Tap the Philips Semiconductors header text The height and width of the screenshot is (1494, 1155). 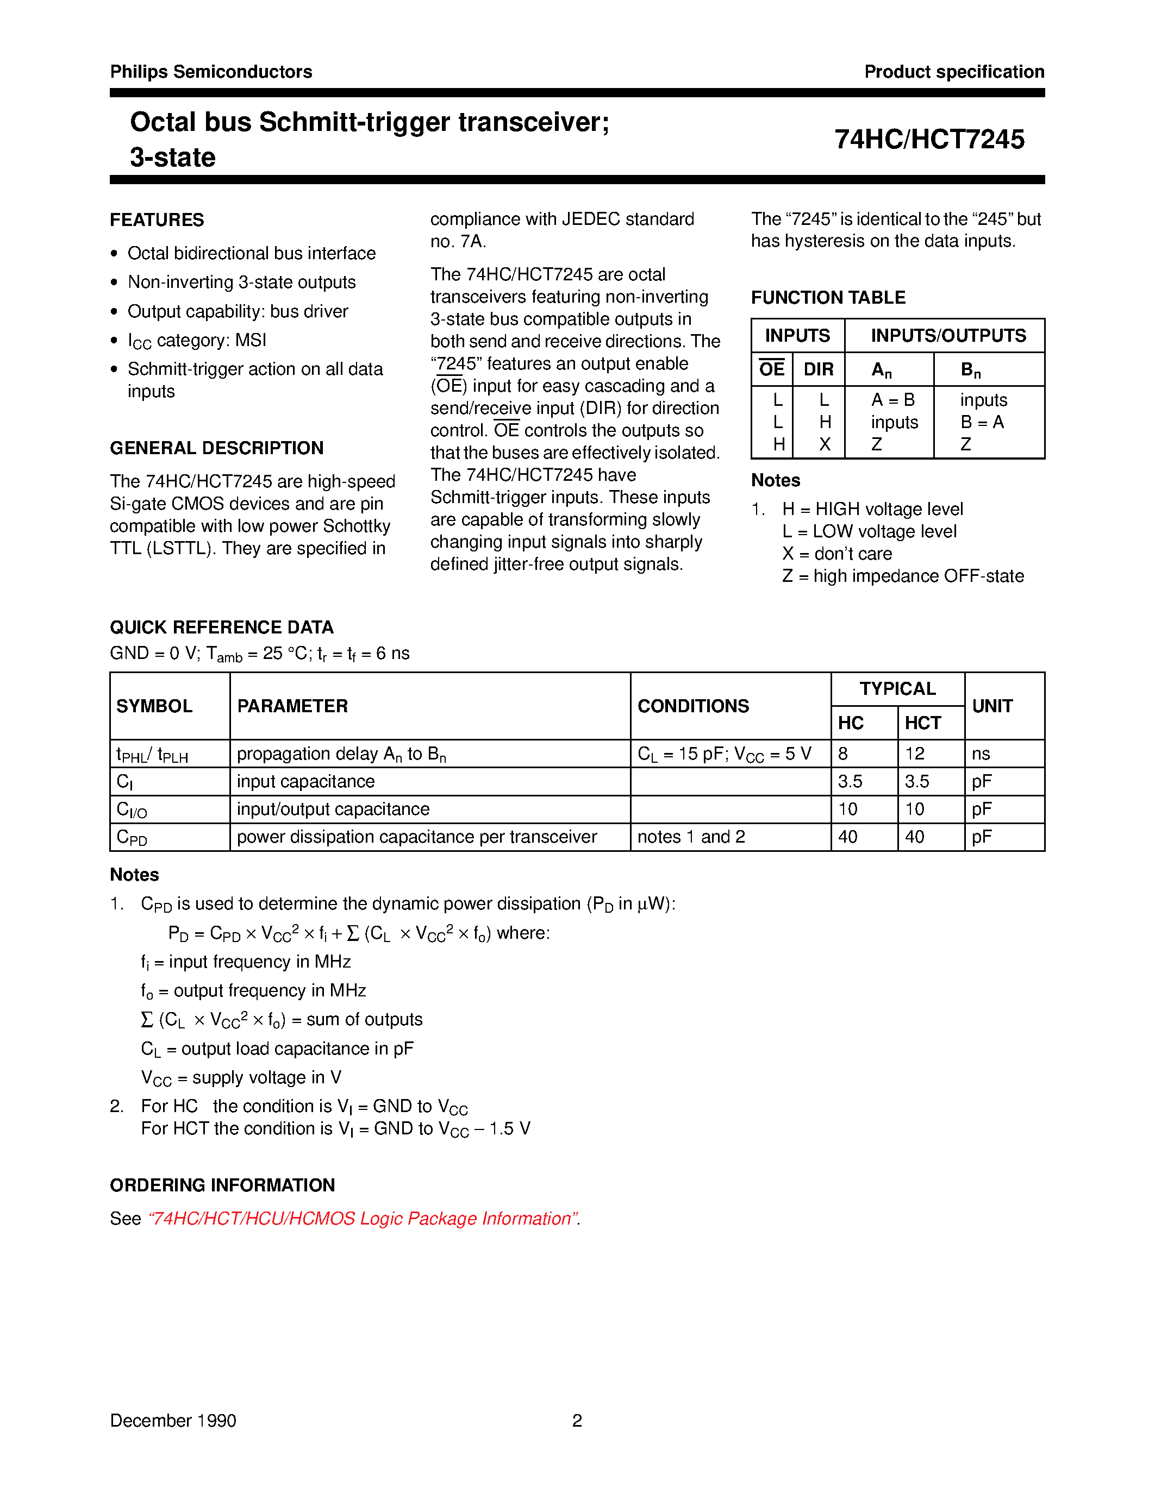click(211, 72)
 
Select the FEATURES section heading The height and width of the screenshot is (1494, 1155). click(157, 219)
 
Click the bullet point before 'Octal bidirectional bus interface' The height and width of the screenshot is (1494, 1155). click(114, 254)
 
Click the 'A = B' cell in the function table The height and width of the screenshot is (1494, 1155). click(892, 399)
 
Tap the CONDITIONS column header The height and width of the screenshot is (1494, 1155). click(692, 706)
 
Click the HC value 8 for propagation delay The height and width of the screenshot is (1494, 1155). click(843, 754)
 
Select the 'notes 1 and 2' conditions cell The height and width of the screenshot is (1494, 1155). click(690, 837)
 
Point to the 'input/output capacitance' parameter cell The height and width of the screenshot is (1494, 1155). click(333, 809)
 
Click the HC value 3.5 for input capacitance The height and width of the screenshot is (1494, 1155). click(850, 781)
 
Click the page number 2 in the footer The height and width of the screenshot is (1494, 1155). click(577, 1421)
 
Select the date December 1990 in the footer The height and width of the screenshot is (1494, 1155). click(172, 1421)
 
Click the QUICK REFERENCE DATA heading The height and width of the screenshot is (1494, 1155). click(221, 627)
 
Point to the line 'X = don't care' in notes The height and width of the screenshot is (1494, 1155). click(837, 554)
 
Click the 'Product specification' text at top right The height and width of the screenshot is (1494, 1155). click(954, 72)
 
